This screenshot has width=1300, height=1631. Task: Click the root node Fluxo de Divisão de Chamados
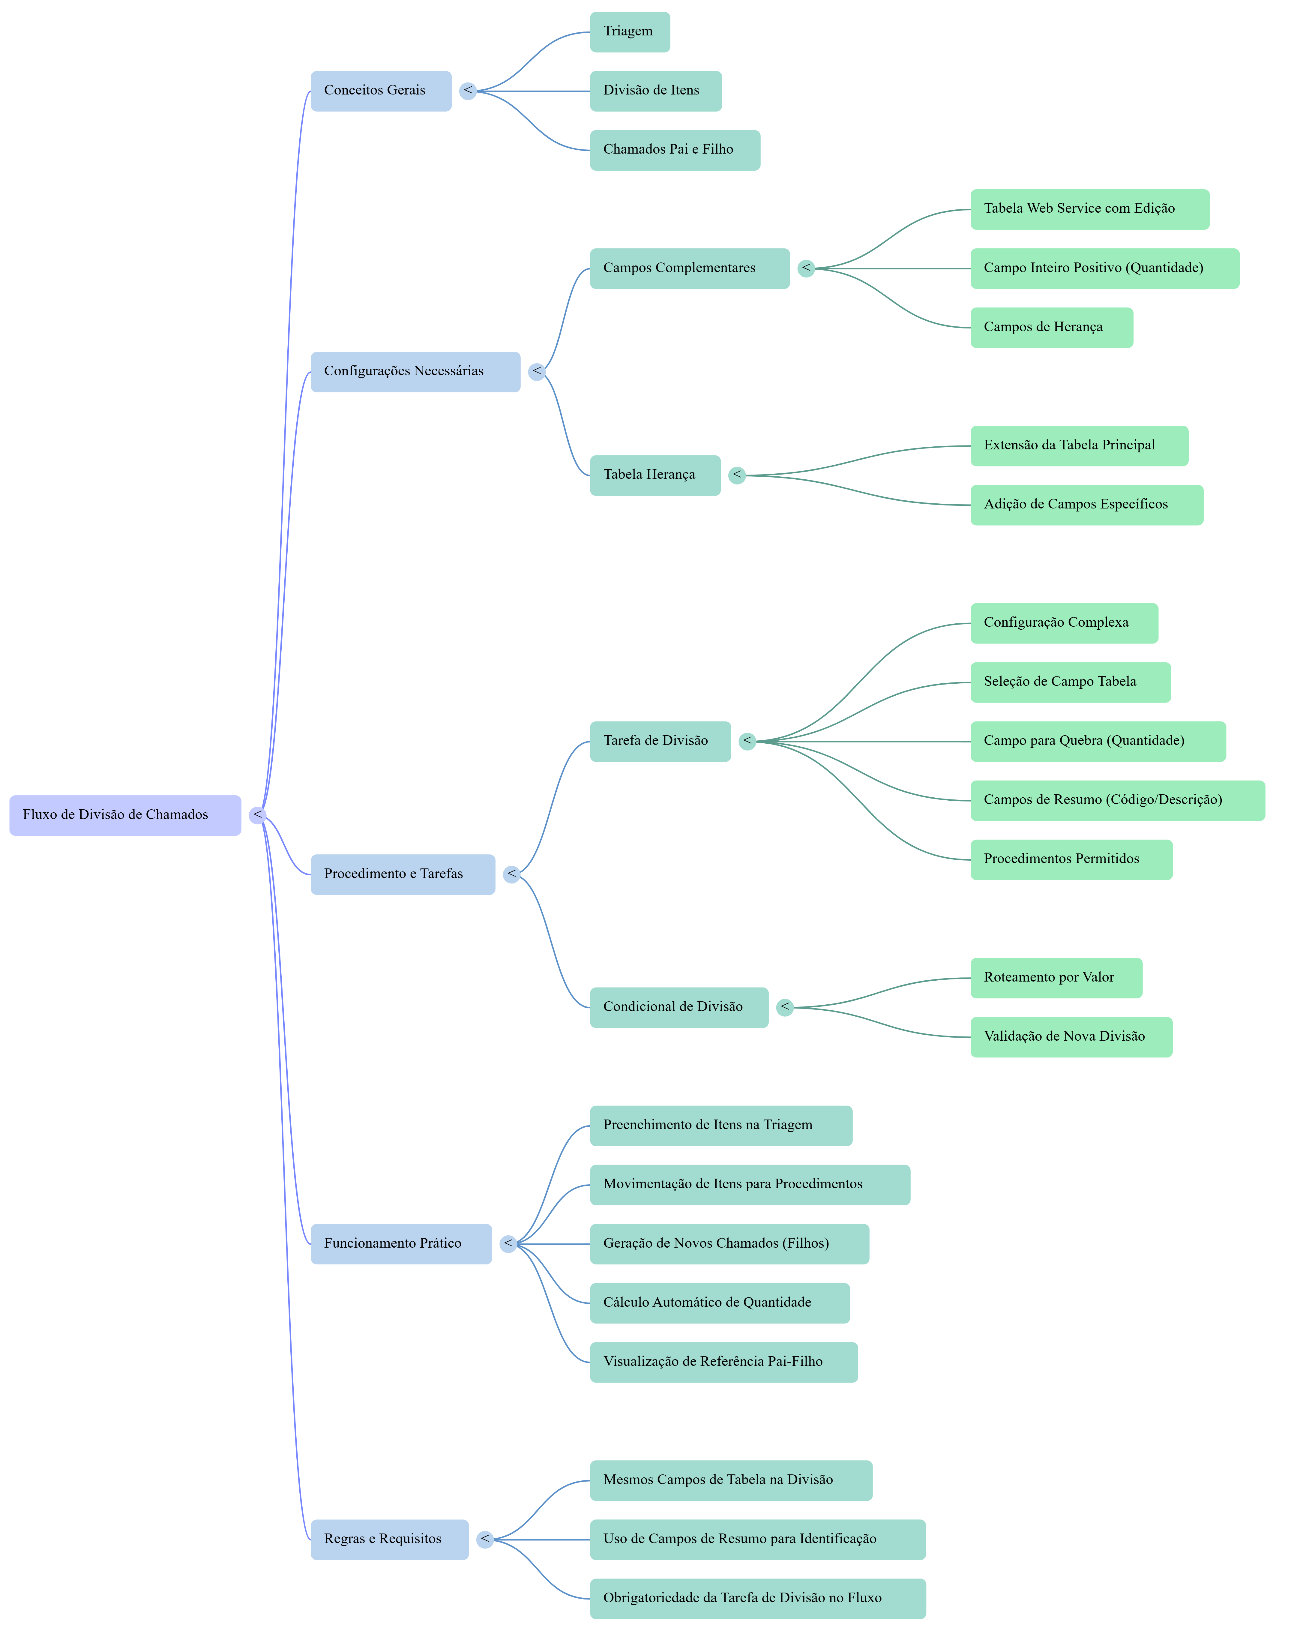(x=125, y=815)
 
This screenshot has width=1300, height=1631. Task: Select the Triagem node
(x=629, y=32)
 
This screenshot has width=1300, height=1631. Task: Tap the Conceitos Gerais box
(x=380, y=91)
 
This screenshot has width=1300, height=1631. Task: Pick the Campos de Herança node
(x=1051, y=328)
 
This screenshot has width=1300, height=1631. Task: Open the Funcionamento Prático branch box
(x=401, y=1244)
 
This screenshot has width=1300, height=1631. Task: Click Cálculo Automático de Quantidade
(x=719, y=1303)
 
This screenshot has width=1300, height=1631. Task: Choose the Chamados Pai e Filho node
(x=675, y=150)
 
